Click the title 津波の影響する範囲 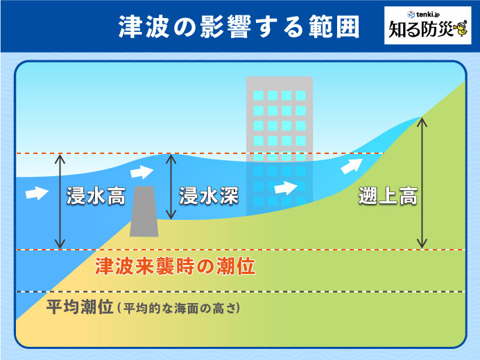pyautogui.click(x=239, y=26)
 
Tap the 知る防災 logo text pyautogui.click(x=420, y=29)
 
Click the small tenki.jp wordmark pyautogui.click(x=423, y=14)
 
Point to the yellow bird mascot pyautogui.click(x=460, y=29)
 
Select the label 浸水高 pyautogui.click(x=96, y=196)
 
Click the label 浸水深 pyautogui.click(x=209, y=196)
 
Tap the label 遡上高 pyautogui.click(x=388, y=196)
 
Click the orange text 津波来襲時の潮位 pyautogui.click(x=175, y=266)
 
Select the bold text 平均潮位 pyautogui.click(x=80, y=307)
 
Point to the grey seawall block pyautogui.click(x=144, y=212)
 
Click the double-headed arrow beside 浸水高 pyautogui.click(x=60, y=201)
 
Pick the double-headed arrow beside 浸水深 pyautogui.click(x=171, y=187)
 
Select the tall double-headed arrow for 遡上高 pyautogui.click(x=422, y=182)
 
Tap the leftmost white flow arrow pyautogui.click(x=37, y=193)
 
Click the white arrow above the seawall pyautogui.click(x=142, y=172)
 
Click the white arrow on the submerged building pyautogui.click(x=286, y=188)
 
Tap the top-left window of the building pyautogui.click(x=258, y=96)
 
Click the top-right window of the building pyautogui.click(x=300, y=96)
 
